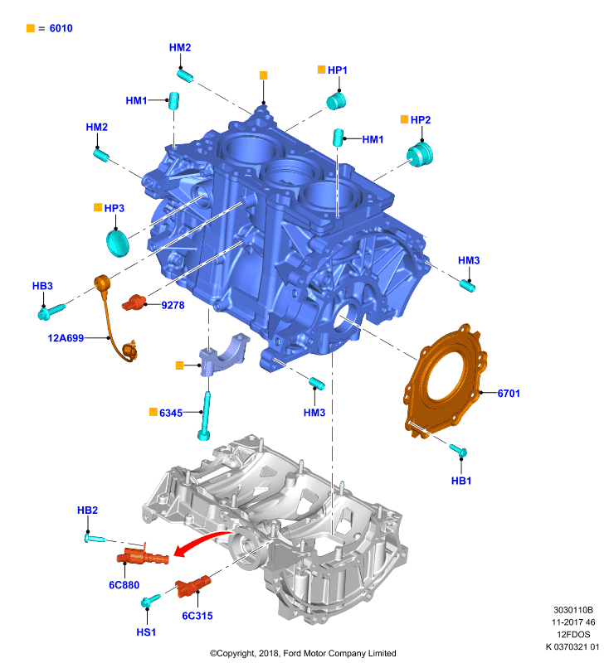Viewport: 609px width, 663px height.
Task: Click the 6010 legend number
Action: [x=61, y=28]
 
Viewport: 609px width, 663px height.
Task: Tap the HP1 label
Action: [x=338, y=70]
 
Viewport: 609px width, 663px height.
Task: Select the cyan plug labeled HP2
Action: [x=420, y=155]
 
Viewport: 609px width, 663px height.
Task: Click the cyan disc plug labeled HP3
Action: [x=117, y=243]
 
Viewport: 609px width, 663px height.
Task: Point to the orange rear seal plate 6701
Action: [x=445, y=380]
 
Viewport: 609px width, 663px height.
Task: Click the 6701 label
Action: [x=509, y=394]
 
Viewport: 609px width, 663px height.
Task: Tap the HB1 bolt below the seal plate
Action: [x=458, y=451]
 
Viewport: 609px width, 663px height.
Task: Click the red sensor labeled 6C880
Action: [x=143, y=557]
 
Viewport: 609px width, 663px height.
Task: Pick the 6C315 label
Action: [x=197, y=616]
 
